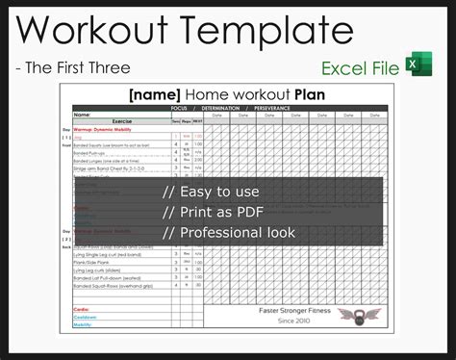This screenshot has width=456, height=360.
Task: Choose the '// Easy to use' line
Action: (211, 192)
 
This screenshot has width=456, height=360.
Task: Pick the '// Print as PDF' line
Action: (213, 212)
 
